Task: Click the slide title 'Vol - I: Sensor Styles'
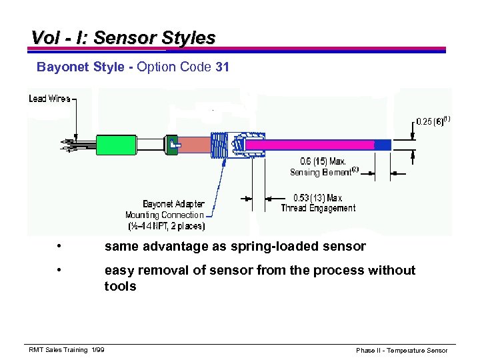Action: point(123,38)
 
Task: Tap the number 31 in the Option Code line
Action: point(222,67)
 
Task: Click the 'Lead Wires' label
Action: point(49,99)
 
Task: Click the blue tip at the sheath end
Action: point(383,145)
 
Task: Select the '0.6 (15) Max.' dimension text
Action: point(323,161)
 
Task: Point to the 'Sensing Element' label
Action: point(323,172)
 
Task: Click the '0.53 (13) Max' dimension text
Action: point(318,198)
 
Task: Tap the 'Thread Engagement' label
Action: point(318,208)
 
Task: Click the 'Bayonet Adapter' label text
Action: point(173,204)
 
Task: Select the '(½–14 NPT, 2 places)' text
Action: point(167,226)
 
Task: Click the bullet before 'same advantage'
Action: point(60,247)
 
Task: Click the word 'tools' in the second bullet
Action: point(120,287)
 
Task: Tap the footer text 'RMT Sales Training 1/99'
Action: point(67,350)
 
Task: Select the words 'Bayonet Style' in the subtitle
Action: point(79,67)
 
